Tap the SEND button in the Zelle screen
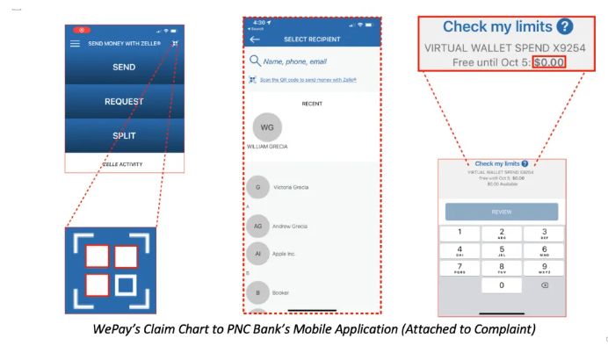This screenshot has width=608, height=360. click(124, 67)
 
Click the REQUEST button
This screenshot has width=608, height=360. click(124, 101)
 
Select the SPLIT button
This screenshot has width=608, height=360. click(124, 135)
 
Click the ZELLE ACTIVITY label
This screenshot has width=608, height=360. click(124, 164)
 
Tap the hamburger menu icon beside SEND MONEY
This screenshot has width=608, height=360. click(75, 43)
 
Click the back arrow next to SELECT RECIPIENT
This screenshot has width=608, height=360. click(255, 40)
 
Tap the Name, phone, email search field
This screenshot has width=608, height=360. click(295, 61)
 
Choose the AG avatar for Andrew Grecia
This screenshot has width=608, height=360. click(257, 227)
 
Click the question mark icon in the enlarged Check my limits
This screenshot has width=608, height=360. click(564, 27)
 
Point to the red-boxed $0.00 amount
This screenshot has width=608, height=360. click(549, 62)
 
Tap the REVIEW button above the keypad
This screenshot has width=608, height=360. click(502, 212)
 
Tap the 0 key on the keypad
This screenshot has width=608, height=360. click(502, 285)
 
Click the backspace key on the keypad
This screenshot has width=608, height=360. click(544, 285)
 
